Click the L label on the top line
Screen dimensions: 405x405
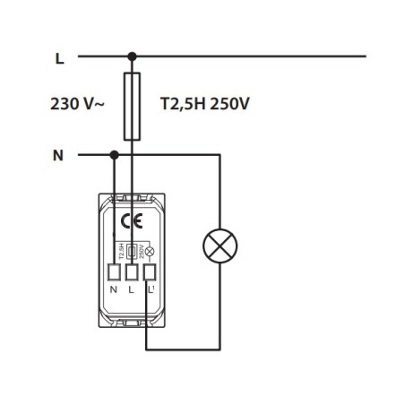point(59,58)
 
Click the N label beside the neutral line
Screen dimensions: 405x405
point(58,155)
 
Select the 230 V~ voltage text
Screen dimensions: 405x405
point(77,104)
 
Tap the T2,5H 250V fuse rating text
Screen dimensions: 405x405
point(204,104)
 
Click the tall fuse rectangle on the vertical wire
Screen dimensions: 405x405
point(132,107)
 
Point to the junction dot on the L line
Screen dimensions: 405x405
point(132,56)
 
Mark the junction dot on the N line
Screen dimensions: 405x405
point(114,155)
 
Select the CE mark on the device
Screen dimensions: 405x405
point(131,221)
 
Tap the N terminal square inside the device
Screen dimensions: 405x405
point(114,272)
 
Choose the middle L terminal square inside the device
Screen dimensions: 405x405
point(132,272)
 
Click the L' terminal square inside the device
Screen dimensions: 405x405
point(149,272)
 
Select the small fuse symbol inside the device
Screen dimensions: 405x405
point(133,252)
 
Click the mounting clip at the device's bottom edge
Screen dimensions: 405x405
point(131,321)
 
